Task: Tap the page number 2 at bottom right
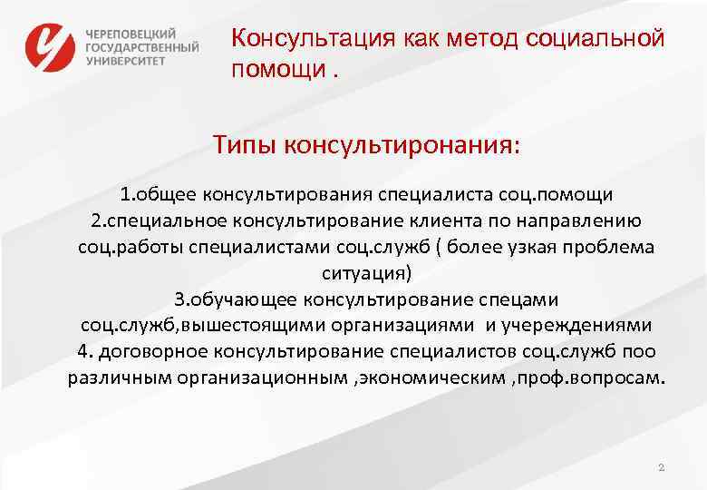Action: (x=661, y=467)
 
